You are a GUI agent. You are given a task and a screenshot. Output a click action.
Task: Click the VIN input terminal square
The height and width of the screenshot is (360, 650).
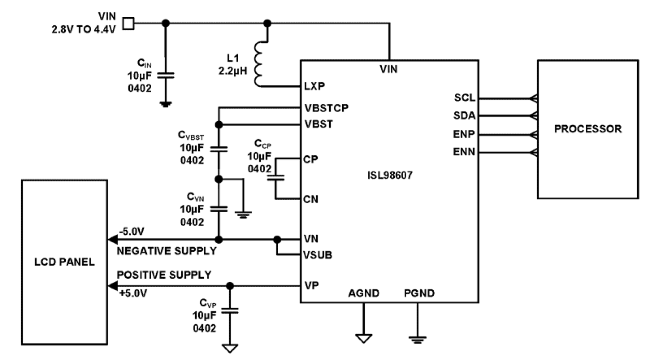pyautogui.click(x=128, y=23)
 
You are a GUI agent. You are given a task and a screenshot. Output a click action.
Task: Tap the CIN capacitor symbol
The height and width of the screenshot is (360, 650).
pyautogui.click(x=166, y=76)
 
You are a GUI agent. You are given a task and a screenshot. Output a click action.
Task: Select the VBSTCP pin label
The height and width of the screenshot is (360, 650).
pyautogui.click(x=326, y=108)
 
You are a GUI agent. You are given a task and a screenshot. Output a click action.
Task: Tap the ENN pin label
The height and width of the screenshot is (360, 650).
pyautogui.click(x=465, y=152)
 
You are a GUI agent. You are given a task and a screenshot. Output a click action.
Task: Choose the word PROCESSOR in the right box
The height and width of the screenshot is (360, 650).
pyautogui.click(x=588, y=129)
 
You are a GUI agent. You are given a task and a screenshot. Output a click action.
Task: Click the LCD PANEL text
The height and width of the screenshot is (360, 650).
pyautogui.click(x=64, y=262)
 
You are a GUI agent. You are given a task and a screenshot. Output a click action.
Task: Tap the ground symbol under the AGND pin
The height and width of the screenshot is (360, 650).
pyautogui.click(x=364, y=339)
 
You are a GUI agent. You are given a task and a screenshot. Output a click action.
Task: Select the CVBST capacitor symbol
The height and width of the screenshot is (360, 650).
pyautogui.click(x=218, y=149)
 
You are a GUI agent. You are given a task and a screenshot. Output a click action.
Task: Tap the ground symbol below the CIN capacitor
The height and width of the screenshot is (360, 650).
pyautogui.click(x=166, y=103)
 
